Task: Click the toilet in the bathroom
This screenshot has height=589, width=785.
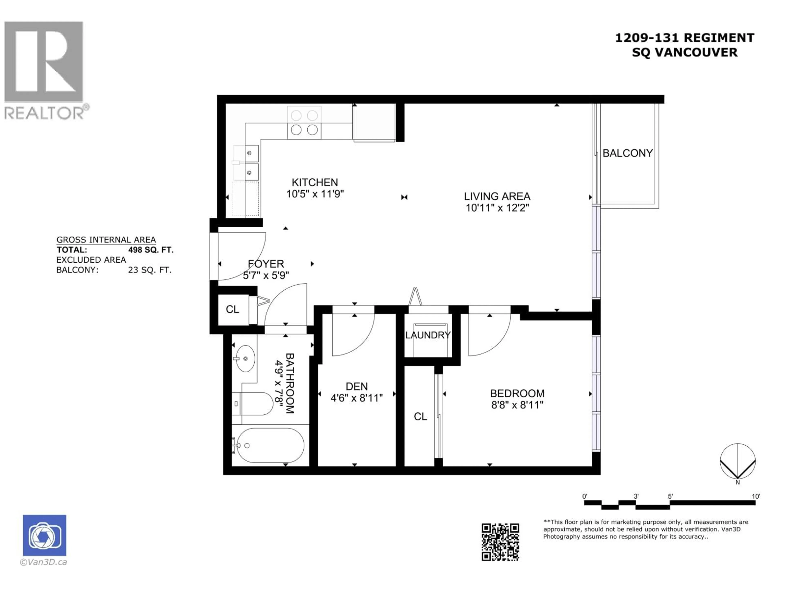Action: (x=253, y=404)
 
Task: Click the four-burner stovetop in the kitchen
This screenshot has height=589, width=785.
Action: (x=304, y=123)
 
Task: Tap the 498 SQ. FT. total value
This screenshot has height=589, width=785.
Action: (x=151, y=250)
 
